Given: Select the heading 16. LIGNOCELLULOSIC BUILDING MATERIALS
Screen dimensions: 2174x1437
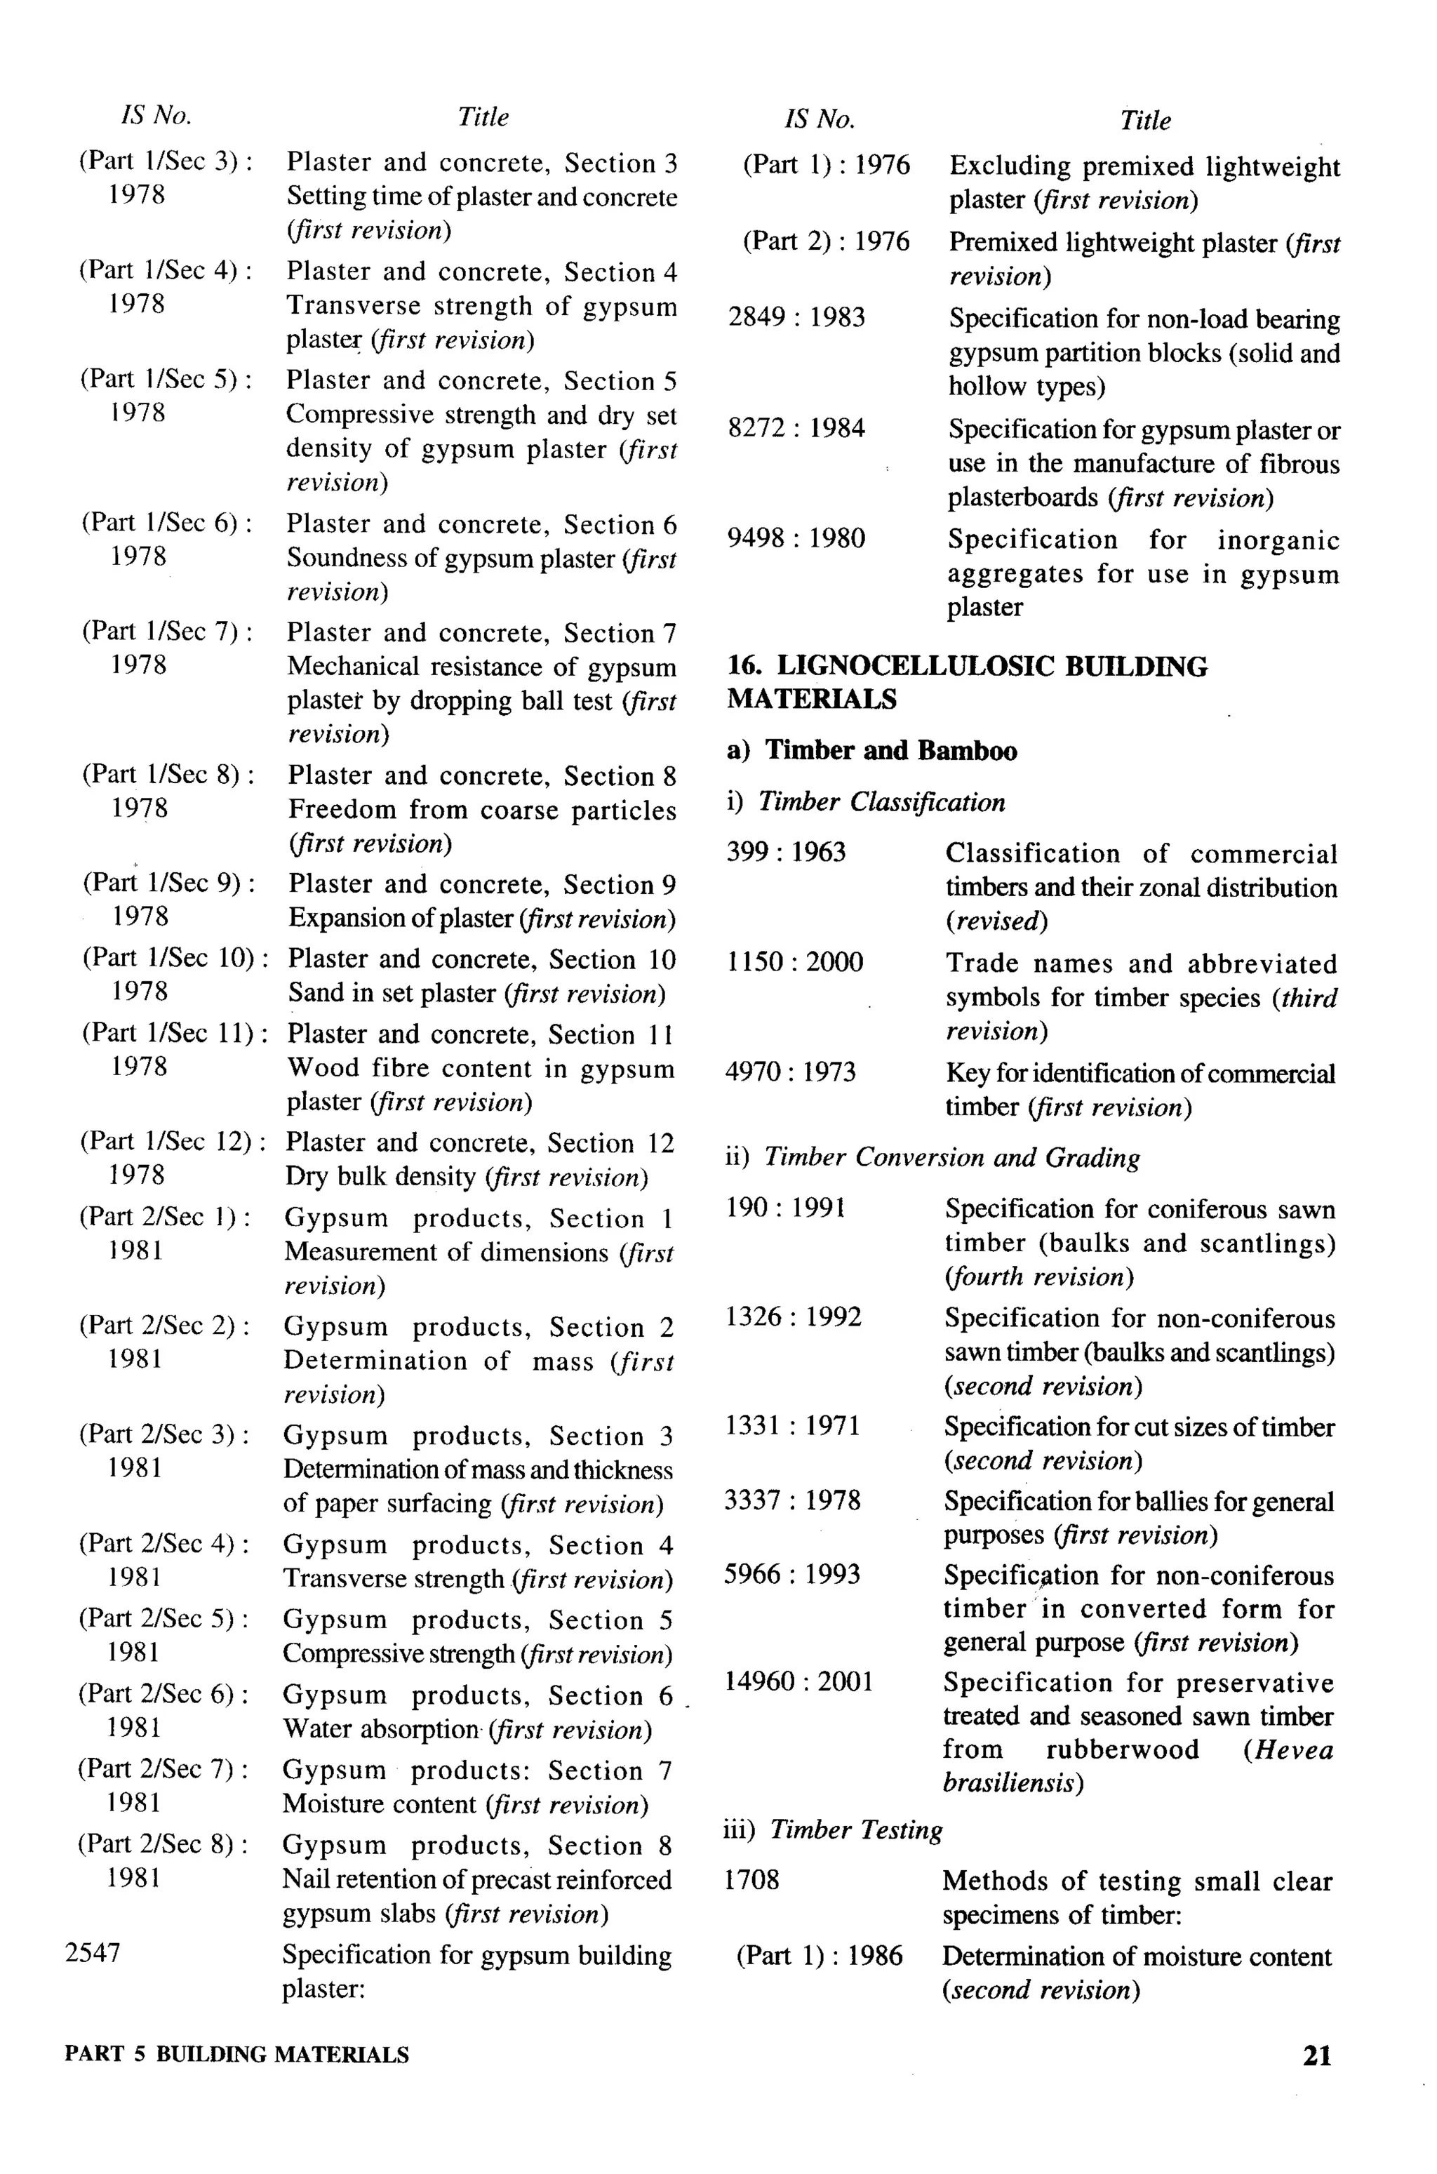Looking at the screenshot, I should click(x=966, y=683).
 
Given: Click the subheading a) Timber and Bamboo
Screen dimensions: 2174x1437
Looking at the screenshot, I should click(x=871, y=751).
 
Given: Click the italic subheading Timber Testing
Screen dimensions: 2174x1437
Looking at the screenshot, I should click(x=855, y=1829).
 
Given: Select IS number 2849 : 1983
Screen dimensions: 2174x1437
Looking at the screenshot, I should click(x=796, y=318).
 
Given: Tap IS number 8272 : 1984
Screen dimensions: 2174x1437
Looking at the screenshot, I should click(x=796, y=428).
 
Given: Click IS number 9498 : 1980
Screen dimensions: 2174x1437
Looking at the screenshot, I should click(x=796, y=538).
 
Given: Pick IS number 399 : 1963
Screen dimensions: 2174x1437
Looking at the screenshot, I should click(x=785, y=853).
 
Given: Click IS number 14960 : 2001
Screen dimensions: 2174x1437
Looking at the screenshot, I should click(x=798, y=1682).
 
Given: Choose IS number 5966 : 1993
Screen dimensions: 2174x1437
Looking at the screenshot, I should click(x=791, y=1575).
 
